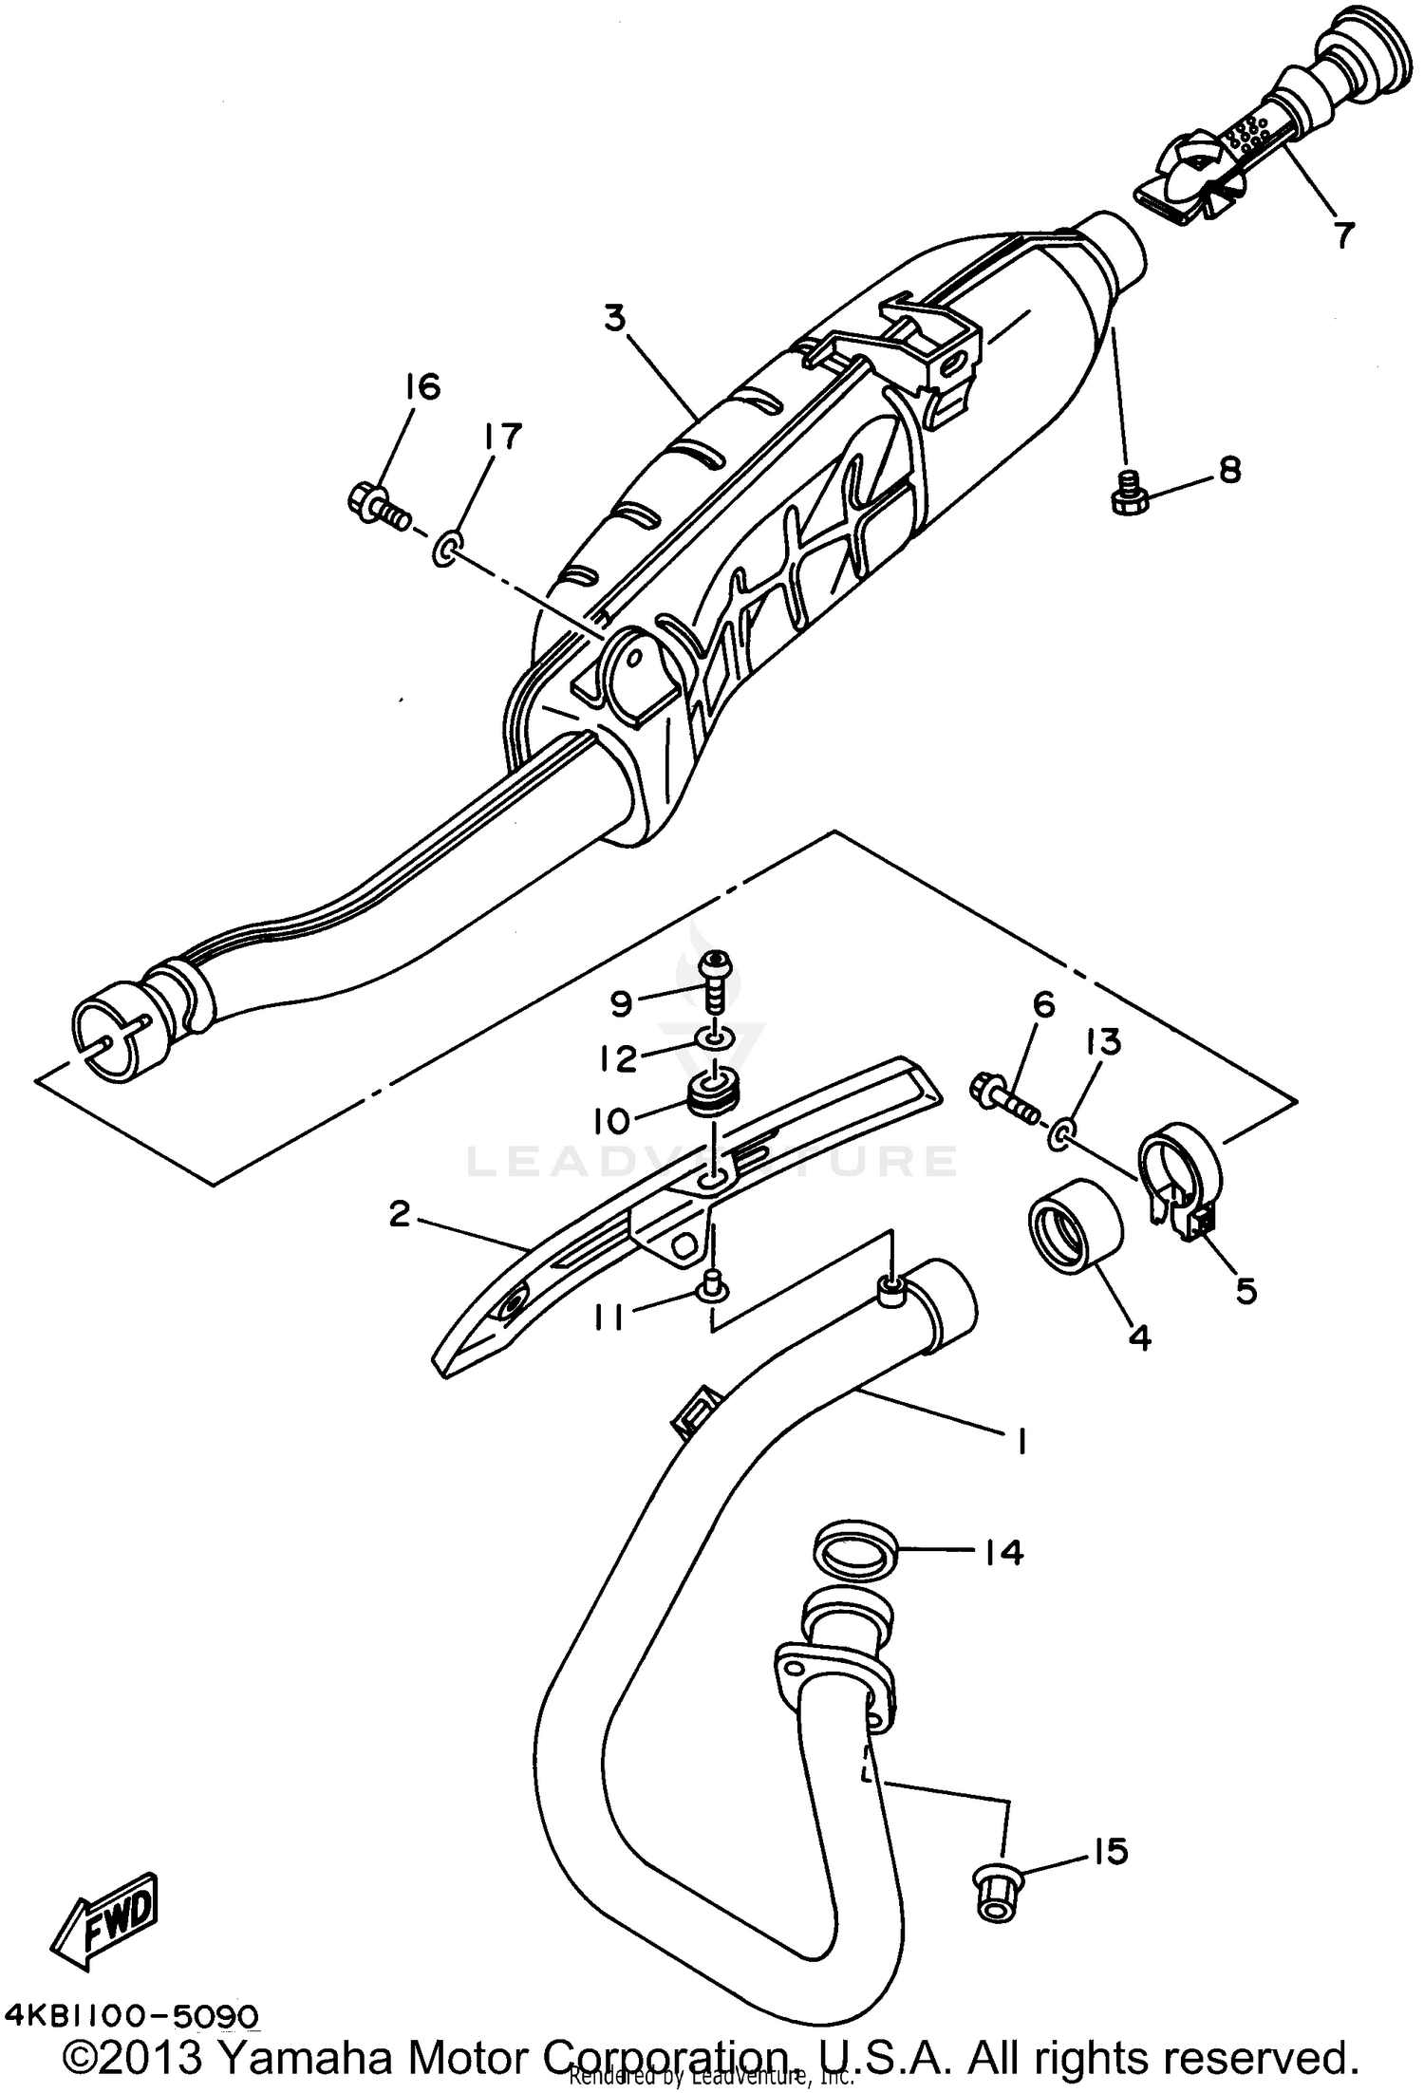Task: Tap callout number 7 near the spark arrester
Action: [x=1341, y=234]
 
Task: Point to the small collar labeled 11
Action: [x=713, y=1290]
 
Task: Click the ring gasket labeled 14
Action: [x=855, y=1554]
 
